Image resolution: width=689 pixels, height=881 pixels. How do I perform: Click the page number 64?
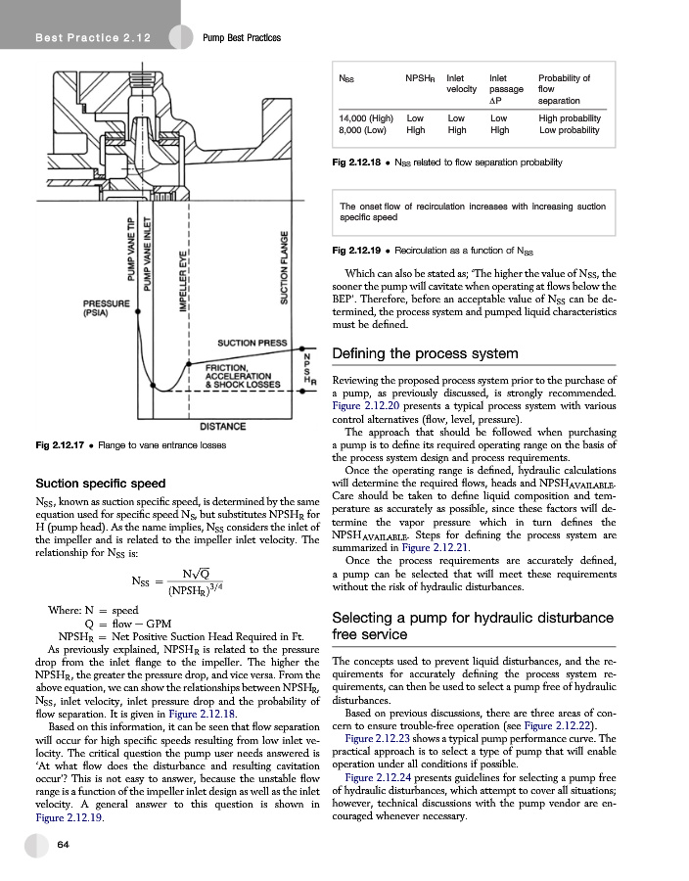(x=62, y=844)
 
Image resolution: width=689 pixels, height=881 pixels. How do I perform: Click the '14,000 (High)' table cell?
(x=365, y=117)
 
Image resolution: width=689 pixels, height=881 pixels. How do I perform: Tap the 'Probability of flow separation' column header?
(x=564, y=89)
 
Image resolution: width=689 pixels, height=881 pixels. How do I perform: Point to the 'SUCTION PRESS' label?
(x=252, y=344)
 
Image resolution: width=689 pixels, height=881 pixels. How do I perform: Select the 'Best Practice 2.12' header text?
(x=80, y=37)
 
